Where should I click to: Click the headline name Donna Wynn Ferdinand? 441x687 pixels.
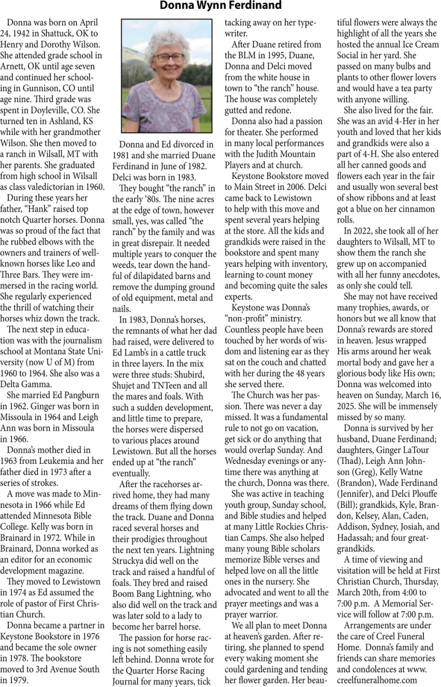[220, 6]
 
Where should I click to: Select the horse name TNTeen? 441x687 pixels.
[166, 385]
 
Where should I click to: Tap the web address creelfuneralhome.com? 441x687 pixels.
[377, 680]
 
